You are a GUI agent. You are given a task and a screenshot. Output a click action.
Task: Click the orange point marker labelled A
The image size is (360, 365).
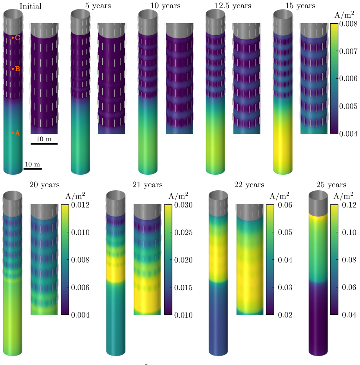click(13, 133)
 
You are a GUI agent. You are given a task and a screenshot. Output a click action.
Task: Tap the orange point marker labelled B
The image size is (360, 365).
click(13, 69)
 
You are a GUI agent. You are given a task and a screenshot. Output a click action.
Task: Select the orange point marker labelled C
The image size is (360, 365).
click(13, 38)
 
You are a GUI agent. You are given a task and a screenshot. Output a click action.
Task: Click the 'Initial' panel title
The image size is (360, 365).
click(31, 6)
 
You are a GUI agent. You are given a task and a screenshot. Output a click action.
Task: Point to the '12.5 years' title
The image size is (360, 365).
click(233, 5)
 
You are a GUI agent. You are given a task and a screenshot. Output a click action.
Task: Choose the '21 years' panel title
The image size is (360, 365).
click(147, 184)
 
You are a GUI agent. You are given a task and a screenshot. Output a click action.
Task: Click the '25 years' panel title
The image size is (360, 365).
click(331, 184)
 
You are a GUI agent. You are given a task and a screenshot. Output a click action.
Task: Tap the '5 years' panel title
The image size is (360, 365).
click(98, 5)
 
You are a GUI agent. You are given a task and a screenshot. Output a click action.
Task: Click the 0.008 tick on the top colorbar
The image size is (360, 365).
click(348, 24)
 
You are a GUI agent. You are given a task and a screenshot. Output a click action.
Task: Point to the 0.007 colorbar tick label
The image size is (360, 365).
click(348, 51)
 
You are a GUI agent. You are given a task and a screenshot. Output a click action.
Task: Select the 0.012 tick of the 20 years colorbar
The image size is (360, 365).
click(80, 205)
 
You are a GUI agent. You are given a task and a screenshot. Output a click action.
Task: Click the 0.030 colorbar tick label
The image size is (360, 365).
click(183, 205)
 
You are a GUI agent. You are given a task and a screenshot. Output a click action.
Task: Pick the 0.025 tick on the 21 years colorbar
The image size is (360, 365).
click(183, 232)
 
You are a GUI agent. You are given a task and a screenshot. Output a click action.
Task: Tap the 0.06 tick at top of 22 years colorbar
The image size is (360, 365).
click(285, 205)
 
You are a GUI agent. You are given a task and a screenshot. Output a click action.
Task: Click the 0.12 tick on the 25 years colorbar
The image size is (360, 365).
click(349, 205)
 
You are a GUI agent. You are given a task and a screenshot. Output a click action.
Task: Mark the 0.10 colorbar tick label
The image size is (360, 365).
click(349, 232)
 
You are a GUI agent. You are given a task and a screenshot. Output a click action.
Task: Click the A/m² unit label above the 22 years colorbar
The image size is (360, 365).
click(279, 196)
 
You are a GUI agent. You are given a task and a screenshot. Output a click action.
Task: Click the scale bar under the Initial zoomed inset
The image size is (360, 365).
click(44, 144)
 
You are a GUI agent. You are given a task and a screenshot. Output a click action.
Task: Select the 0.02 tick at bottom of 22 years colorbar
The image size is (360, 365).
click(285, 315)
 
